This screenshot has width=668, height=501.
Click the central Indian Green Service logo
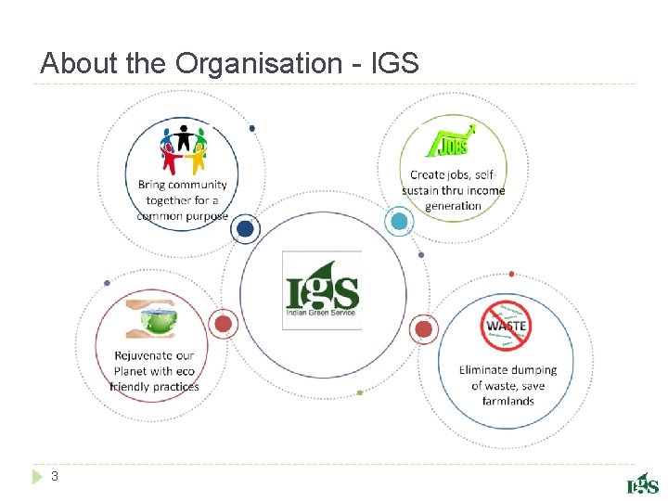click(321, 289)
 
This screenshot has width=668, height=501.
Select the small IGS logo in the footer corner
click(642, 482)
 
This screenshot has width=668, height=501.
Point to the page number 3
click(55, 477)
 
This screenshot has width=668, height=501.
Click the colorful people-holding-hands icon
click(183, 148)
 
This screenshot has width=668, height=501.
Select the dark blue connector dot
click(245, 228)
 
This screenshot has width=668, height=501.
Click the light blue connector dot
click(399, 221)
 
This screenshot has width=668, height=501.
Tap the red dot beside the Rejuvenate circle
click(223, 324)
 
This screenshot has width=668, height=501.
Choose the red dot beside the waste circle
click(423, 328)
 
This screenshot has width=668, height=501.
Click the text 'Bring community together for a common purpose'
click(182, 199)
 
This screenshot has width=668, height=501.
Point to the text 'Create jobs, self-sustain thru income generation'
click(454, 190)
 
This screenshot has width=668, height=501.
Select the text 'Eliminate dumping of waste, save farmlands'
click(508, 385)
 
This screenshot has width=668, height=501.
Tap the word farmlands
click(508, 402)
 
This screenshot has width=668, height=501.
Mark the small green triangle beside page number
click(36, 477)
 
